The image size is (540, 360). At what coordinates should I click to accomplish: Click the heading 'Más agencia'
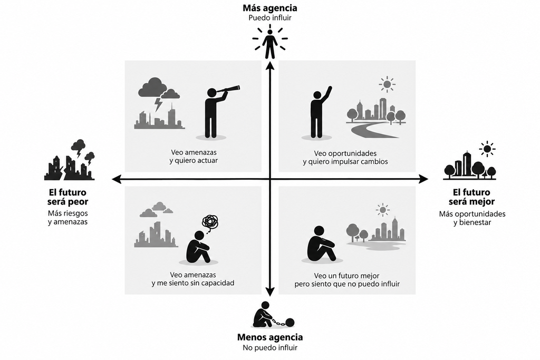269,8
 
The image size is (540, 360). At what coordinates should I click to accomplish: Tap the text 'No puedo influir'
270,347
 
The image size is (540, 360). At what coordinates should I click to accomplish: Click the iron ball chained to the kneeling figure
290,323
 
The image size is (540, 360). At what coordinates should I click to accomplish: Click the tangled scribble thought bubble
210,222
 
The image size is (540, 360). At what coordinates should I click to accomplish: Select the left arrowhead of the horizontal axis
117,179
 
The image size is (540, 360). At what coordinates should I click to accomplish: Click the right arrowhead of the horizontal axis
423,179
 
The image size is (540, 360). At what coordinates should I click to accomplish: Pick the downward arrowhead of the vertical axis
271,292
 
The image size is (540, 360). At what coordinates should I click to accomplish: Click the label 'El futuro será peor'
67,197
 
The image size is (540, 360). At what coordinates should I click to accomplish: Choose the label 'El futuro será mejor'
471,197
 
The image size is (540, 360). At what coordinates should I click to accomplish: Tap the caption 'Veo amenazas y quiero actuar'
194,156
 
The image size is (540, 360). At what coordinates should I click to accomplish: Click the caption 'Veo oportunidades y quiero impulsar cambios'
345,157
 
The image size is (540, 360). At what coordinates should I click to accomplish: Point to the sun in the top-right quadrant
387,84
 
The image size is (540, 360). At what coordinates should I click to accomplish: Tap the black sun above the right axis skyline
487,149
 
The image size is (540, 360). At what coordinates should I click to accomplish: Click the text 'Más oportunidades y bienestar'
472,218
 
